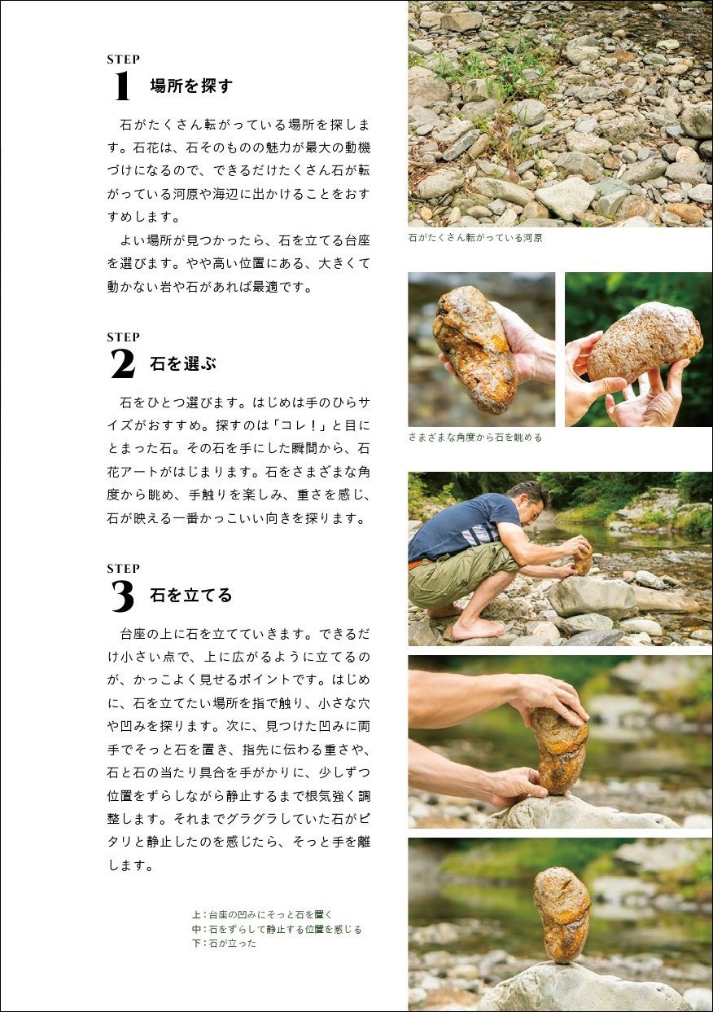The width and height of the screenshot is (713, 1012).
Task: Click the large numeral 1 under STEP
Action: pos(123,86)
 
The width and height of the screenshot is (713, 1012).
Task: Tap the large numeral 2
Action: pos(123,363)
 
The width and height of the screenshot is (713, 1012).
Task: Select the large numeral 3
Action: pos(123,596)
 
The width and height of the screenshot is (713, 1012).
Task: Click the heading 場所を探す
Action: pos(191,86)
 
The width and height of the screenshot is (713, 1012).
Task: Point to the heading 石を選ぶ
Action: pos(183,363)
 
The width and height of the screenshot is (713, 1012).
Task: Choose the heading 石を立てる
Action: pos(191,595)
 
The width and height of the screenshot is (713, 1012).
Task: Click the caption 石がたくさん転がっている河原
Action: pos(475,238)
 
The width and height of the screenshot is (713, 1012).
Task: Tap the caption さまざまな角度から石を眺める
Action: pos(475,438)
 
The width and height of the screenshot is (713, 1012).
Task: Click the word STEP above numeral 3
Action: pos(123,569)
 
